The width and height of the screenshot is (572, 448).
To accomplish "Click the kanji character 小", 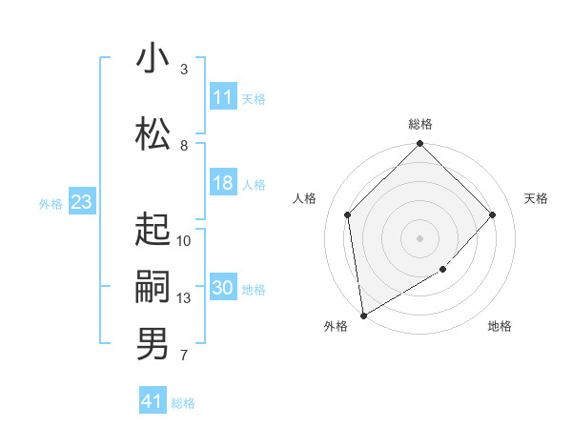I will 153,58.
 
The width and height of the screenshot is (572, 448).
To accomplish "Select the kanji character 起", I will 153,229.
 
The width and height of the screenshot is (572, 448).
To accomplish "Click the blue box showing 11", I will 223,98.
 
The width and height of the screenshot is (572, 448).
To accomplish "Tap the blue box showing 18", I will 223,184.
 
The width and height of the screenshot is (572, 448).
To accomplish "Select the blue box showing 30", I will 223,289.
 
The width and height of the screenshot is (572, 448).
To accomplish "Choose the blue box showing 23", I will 81,202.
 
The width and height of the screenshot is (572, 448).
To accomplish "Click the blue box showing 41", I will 153,401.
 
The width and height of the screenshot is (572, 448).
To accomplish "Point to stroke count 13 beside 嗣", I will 184,298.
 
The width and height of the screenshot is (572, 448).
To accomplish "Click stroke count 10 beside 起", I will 184,240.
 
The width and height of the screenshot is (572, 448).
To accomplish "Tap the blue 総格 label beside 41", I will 183,403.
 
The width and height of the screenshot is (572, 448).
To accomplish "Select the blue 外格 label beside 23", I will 51,203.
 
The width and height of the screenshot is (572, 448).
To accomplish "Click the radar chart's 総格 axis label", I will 420,124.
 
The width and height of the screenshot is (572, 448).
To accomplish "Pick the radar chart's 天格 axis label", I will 537,198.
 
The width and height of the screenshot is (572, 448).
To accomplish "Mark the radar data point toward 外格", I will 363,316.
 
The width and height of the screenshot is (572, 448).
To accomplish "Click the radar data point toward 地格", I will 443,270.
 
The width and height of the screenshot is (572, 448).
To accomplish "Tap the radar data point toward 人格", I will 348,214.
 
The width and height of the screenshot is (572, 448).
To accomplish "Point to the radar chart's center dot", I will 420,237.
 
